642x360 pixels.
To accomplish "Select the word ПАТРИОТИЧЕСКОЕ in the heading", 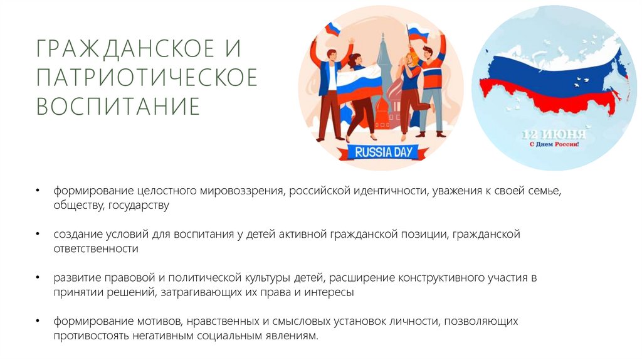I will [147, 77].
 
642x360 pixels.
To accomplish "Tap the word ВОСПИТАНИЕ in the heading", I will [118, 105].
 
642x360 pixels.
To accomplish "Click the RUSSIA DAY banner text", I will [382, 151].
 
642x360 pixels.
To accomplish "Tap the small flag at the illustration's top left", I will [332, 28].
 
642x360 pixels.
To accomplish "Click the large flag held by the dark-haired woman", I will [359, 85].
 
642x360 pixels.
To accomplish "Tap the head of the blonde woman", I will [408, 58].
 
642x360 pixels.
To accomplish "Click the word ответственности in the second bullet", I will [95, 249].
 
